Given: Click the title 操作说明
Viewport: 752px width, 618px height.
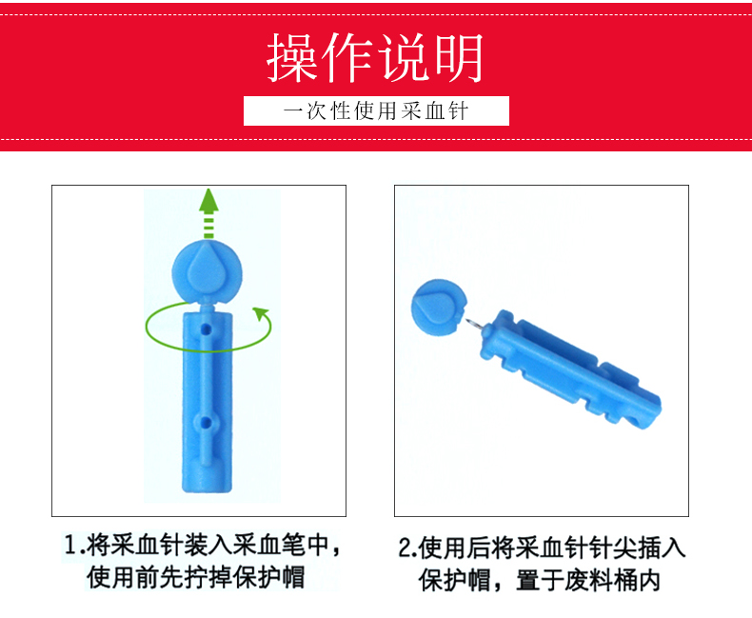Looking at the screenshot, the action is tap(374, 58).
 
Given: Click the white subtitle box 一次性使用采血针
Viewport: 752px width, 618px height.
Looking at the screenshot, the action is tap(376, 110).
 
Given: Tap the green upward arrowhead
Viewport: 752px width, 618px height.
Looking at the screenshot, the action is tap(208, 200).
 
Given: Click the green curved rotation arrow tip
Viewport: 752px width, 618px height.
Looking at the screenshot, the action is tap(261, 314).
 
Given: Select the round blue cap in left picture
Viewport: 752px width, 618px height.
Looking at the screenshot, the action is tap(208, 272).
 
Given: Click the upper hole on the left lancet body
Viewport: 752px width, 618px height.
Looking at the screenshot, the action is tap(207, 329).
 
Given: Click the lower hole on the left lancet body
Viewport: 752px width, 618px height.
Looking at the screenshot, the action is tap(206, 423).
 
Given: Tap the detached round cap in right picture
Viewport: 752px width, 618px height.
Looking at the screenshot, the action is tap(438, 308).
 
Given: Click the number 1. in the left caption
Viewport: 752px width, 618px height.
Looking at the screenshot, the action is tap(75, 546).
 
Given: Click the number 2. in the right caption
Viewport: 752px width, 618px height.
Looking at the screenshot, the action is tap(407, 548).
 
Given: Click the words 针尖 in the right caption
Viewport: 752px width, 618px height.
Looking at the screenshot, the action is tap(613, 548).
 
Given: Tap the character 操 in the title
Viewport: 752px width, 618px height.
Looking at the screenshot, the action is tap(292, 58).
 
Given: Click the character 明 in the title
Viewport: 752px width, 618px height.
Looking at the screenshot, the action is tap(459, 58).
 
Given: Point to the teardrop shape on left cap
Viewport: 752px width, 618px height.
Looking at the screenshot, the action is tap(207, 272).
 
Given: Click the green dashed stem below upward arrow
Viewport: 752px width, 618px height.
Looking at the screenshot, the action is tap(208, 226).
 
